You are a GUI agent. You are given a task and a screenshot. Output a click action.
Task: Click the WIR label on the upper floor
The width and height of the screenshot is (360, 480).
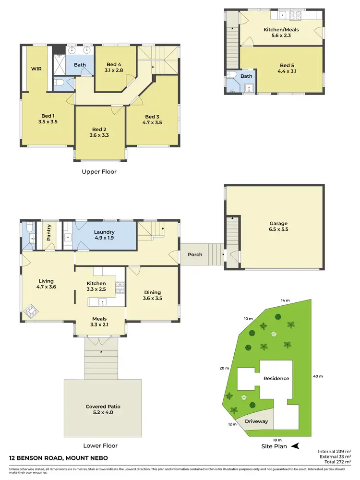pos(36,69)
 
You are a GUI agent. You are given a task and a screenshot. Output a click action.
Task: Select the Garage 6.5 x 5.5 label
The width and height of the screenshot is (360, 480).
pos(278,227)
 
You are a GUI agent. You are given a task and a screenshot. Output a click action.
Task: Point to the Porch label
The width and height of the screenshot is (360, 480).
pos(195,254)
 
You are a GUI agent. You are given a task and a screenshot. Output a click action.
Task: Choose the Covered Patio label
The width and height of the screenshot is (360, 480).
pos(103,410)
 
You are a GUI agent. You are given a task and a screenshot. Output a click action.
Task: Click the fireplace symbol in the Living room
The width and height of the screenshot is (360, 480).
pos(33,312)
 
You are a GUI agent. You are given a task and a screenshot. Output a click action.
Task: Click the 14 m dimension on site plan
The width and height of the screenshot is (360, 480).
pos(286,300)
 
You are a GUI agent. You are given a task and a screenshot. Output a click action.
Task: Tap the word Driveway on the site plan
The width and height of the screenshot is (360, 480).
pos(256,421)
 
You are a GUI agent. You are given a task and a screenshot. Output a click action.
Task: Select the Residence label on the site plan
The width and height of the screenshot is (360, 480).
pos(276,378)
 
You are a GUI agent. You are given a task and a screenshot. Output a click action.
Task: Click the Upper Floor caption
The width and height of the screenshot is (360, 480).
pos(99,171)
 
